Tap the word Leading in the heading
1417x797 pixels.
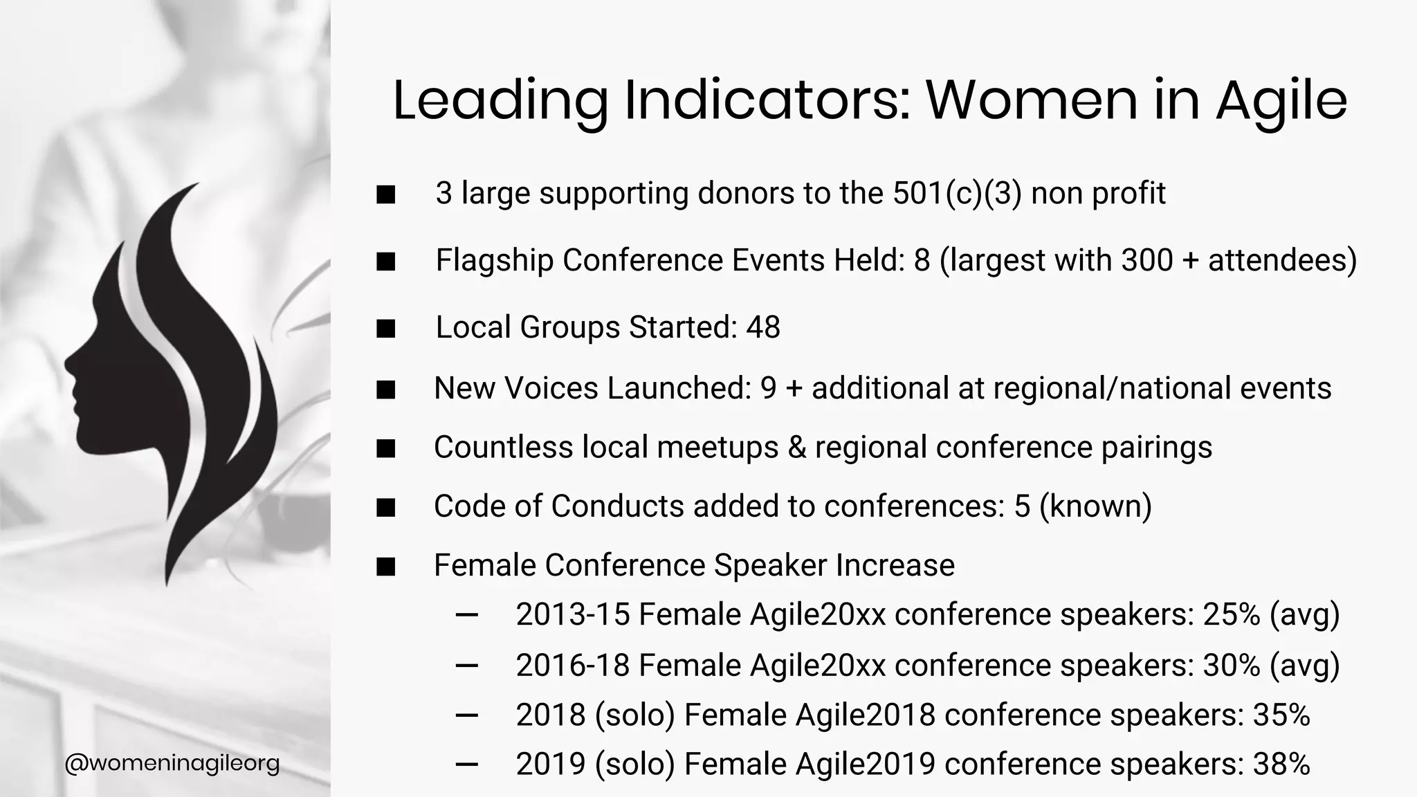(x=500, y=101)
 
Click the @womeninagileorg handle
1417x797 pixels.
(x=172, y=764)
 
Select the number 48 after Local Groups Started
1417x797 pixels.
(x=763, y=327)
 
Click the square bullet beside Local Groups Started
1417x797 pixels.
(x=386, y=328)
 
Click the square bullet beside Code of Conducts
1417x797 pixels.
(x=386, y=507)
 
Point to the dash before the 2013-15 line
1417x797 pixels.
(x=468, y=615)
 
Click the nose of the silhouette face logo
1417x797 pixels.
(x=68, y=362)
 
